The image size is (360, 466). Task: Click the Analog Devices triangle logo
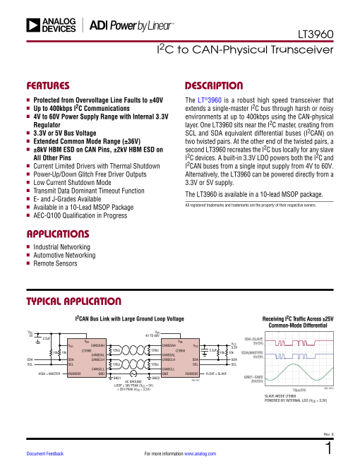click(32, 25)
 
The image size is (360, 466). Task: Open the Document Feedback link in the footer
click(45, 453)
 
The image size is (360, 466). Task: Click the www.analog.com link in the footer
click(200, 453)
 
